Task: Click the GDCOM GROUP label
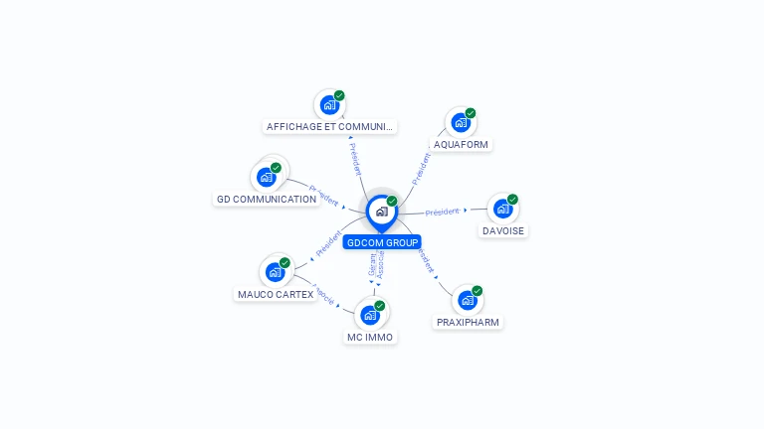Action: (382, 242)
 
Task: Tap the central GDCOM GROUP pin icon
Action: (381, 212)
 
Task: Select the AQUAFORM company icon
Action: (460, 123)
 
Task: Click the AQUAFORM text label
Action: (462, 144)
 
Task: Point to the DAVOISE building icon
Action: (502, 209)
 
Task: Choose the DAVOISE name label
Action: (503, 230)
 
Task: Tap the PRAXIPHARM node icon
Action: (468, 300)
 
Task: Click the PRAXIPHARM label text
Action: (469, 322)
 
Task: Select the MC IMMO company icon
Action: (370, 316)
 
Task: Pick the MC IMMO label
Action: (370, 338)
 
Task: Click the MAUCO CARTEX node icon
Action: (275, 272)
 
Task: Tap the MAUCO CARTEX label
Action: (276, 294)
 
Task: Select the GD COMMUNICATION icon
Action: (266, 177)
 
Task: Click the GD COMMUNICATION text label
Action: (267, 199)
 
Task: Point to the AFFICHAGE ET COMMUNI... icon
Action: (329, 104)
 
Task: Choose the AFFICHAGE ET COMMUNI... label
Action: (330, 126)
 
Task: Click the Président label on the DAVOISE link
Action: (442, 212)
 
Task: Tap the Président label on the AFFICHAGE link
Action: (356, 159)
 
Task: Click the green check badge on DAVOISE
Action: (513, 199)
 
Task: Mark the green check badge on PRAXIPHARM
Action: (477, 291)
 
